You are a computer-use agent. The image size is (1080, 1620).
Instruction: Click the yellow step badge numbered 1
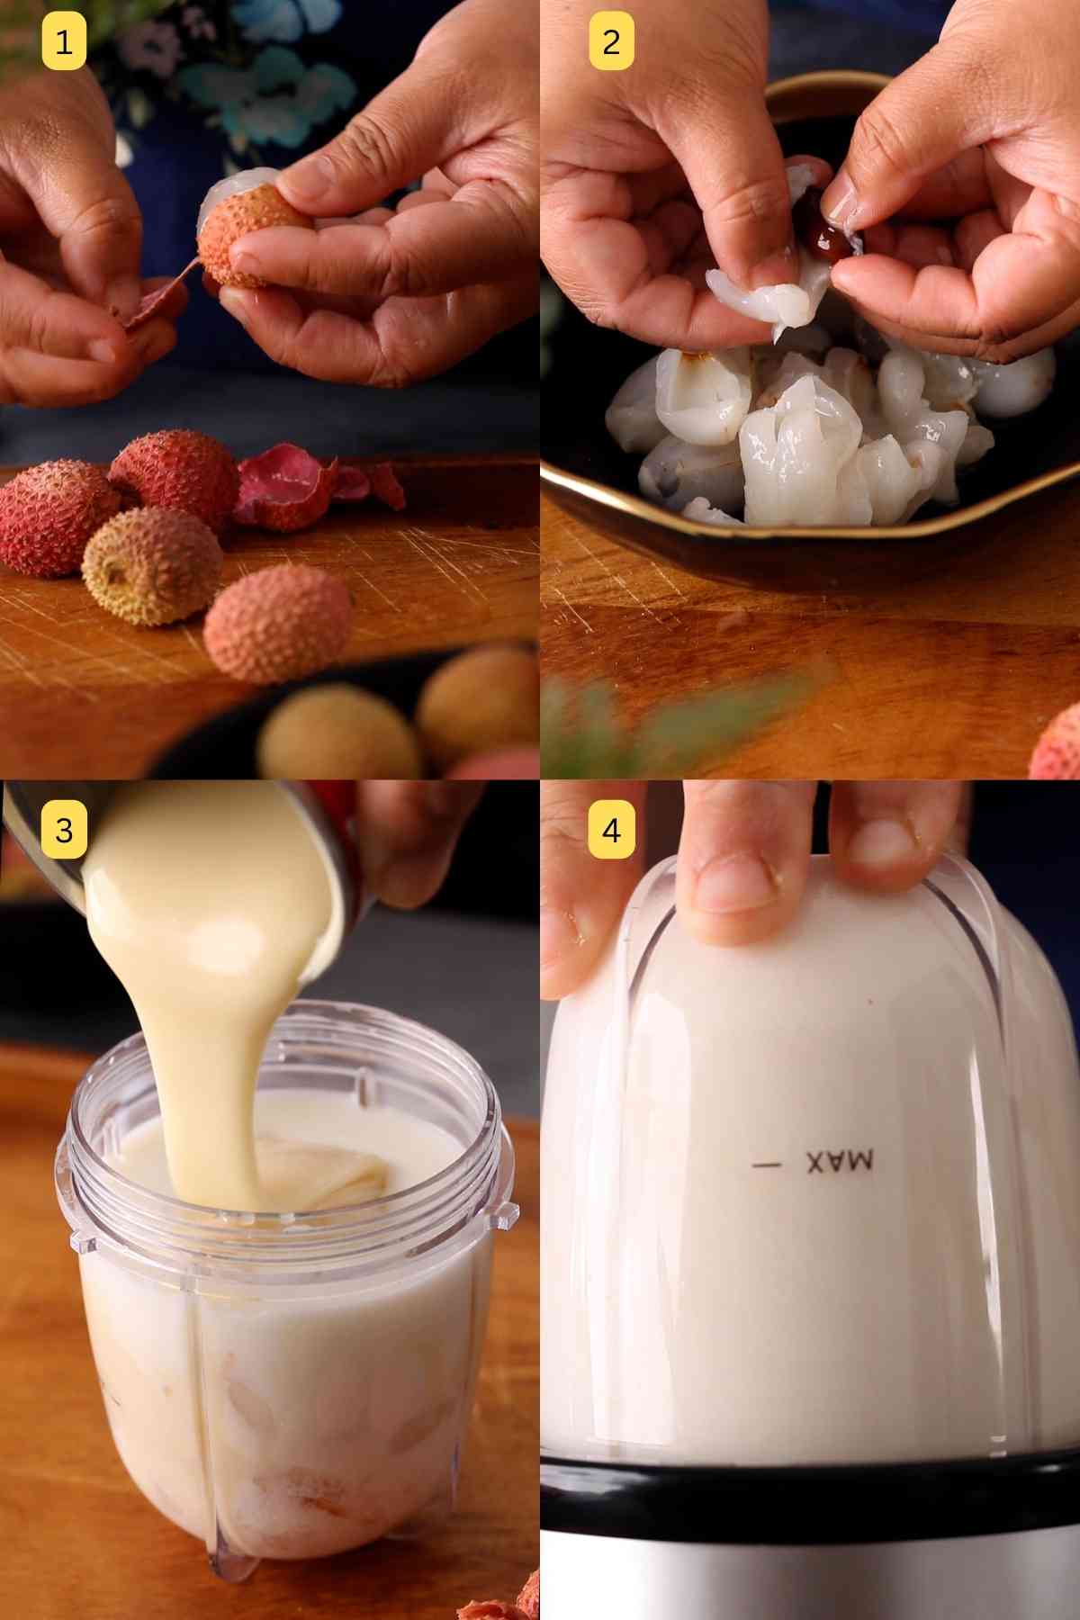(x=64, y=41)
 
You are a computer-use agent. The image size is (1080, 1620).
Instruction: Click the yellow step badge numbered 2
(x=611, y=41)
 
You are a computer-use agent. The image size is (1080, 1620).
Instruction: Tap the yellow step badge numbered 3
(x=64, y=829)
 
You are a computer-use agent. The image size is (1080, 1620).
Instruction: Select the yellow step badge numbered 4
(x=611, y=829)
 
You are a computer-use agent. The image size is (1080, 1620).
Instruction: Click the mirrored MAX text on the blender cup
(x=839, y=1162)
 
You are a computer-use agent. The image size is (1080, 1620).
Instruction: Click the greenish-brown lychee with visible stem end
(x=151, y=565)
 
